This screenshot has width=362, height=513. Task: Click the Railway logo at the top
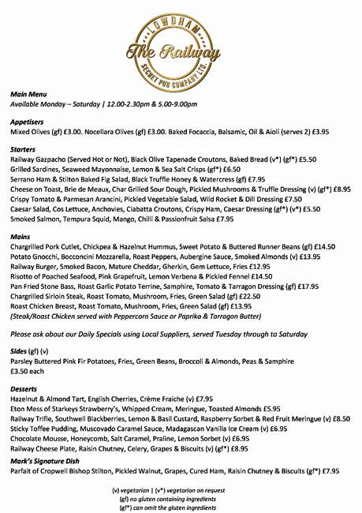coord(181,43)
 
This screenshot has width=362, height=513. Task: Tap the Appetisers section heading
coord(28,122)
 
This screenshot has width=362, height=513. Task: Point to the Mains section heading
coord(21,236)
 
